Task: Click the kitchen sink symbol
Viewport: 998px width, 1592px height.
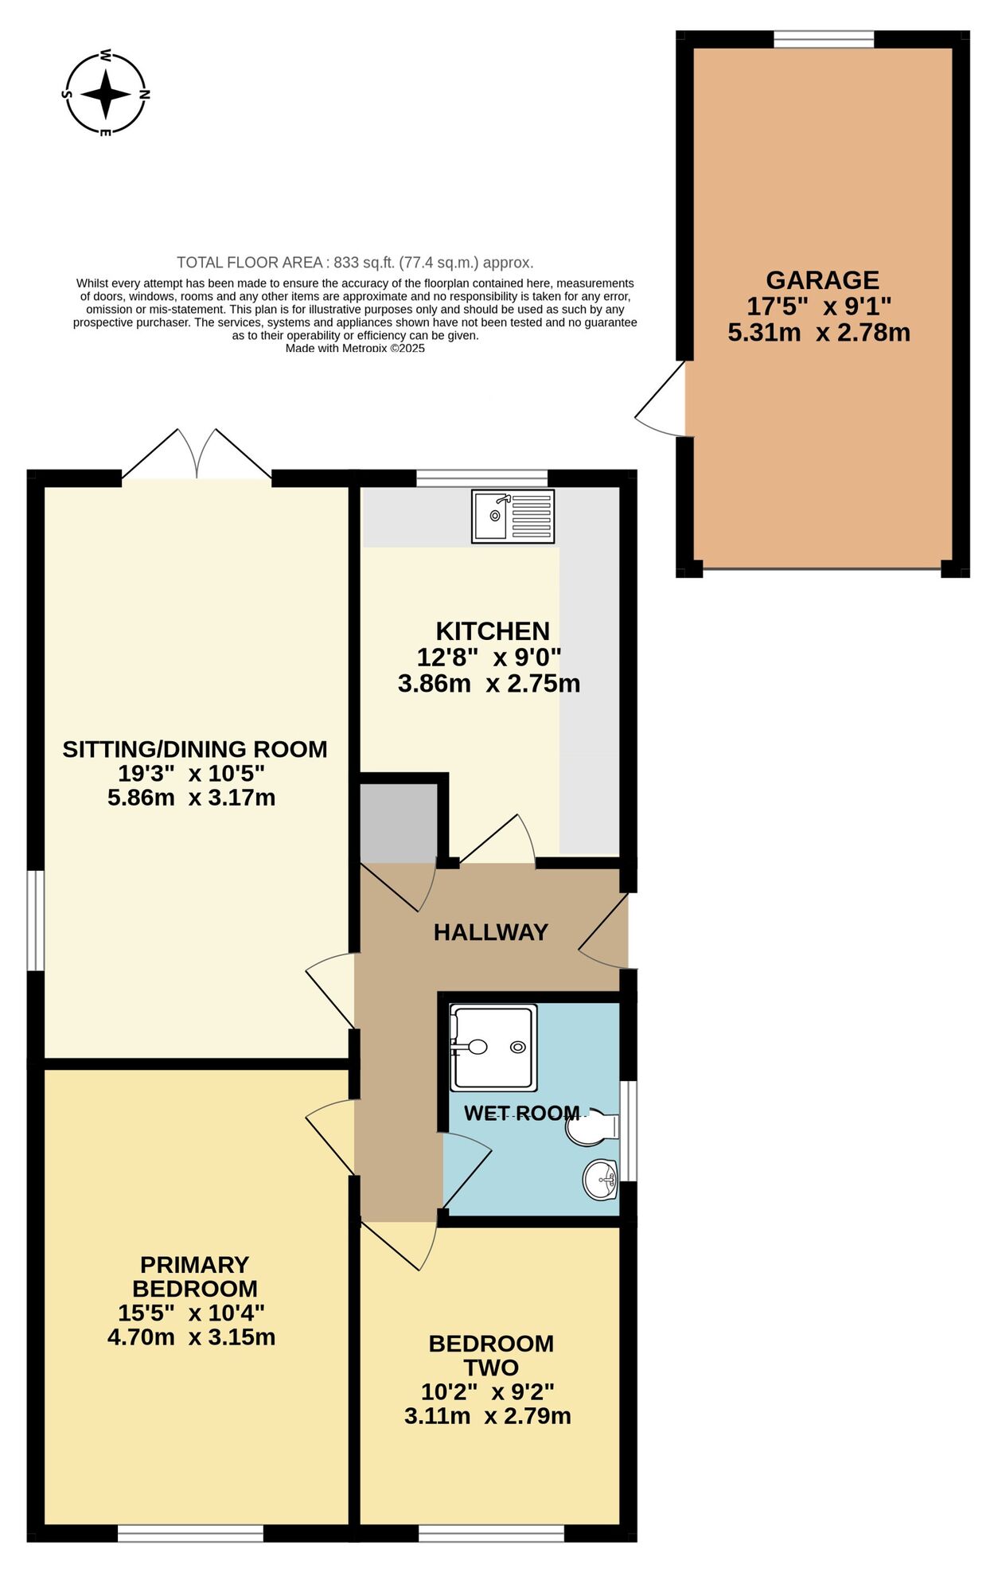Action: [x=513, y=517]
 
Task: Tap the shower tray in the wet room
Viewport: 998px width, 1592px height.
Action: [x=493, y=1048]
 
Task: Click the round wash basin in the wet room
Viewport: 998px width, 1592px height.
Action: [x=600, y=1180]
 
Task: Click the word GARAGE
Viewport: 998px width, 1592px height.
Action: [x=822, y=280]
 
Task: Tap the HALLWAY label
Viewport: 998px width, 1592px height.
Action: [x=490, y=932]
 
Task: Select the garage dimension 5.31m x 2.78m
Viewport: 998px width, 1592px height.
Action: [x=819, y=333]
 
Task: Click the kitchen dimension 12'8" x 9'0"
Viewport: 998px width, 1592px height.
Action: [x=489, y=657]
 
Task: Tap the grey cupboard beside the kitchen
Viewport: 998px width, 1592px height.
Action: [x=398, y=822]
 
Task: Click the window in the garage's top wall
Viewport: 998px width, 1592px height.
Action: [x=823, y=39]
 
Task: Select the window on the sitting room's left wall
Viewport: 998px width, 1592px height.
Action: [x=35, y=920]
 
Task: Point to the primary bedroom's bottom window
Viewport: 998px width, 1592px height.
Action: [x=191, y=1533]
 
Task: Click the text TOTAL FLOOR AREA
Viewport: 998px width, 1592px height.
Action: [x=250, y=263]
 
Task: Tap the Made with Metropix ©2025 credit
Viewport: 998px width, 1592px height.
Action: [x=355, y=348]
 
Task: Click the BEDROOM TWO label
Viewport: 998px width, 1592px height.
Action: [x=491, y=1355]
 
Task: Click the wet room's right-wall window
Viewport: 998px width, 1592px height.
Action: [x=628, y=1130]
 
